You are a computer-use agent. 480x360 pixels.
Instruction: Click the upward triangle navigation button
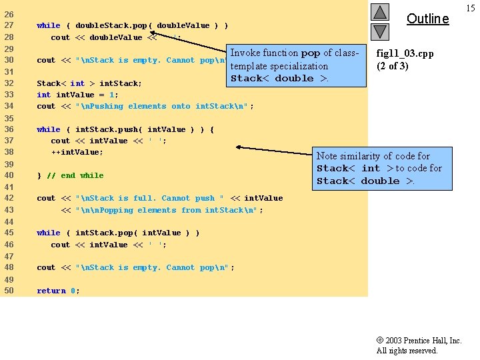click(x=379, y=12)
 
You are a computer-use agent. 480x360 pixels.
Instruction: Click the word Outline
click(x=427, y=19)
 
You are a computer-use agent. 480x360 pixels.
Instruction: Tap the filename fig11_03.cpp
click(x=405, y=53)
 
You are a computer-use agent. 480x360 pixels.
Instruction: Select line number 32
click(x=9, y=83)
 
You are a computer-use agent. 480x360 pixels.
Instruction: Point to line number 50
click(x=9, y=291)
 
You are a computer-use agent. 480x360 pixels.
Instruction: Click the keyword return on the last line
click(x=51, y=291)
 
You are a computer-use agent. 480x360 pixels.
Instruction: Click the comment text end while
click(x=82, y=175)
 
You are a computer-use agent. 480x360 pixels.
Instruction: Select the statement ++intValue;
click(x=77, y=152)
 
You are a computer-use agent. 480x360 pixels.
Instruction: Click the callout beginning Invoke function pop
click(x=297, y=66)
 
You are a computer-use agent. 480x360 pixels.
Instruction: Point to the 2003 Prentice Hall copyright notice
click(x=418, y=345)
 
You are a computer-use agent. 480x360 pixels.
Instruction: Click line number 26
click(x=9, y=14)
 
